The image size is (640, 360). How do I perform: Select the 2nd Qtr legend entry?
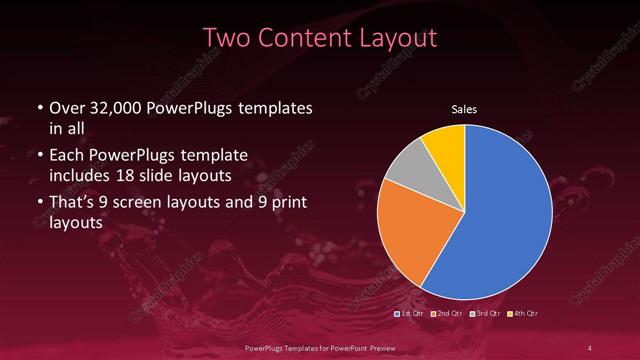pos(448,314)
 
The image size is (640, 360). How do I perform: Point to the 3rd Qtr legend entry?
pos(485,314)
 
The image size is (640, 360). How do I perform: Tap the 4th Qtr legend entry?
pos(523,314)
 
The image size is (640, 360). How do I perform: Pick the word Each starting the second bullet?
pos(66,156)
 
